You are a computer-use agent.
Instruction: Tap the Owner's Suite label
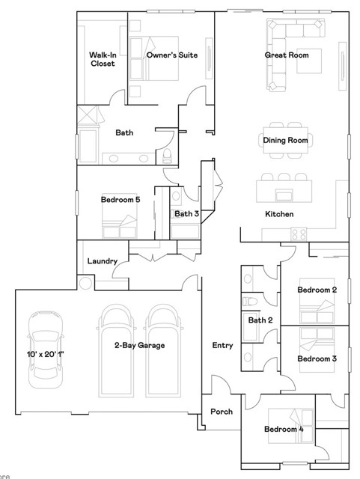[x=172, y=55]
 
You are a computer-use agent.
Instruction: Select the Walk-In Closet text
[x=103, y=59]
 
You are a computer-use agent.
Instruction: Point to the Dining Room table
[x=285, y=140]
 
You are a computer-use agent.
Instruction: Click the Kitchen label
[x=279, y=214]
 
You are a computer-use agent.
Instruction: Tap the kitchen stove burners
[x=299, y=233]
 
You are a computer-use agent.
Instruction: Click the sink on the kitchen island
[x=284, y=195]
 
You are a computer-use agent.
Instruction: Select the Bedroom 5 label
[x=120, y=200]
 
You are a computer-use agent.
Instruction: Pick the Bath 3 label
[x=186, y=214]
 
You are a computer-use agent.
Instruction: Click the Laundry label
[x=103, y=261]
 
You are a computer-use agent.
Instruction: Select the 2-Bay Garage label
[x=139, y=345]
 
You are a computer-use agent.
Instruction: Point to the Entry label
[x=222, y=346]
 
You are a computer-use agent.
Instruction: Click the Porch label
[x=221, y=412]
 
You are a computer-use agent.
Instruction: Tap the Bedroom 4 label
[x=284, y=430]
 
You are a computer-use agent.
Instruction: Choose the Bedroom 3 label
[x=317, y=359]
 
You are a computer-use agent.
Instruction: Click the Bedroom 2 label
[x=317, y=290]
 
